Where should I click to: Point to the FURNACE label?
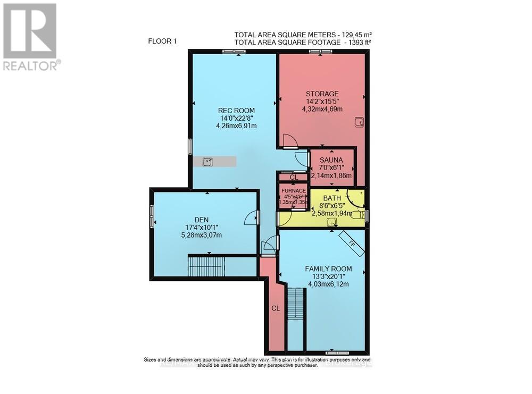click(x=293, y=191)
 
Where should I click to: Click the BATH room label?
click(x=332, y=198)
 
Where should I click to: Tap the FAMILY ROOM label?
click(x=328, y=269)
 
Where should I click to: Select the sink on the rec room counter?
click(x=208, y=162)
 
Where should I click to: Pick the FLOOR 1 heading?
click(x=163, y=40)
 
